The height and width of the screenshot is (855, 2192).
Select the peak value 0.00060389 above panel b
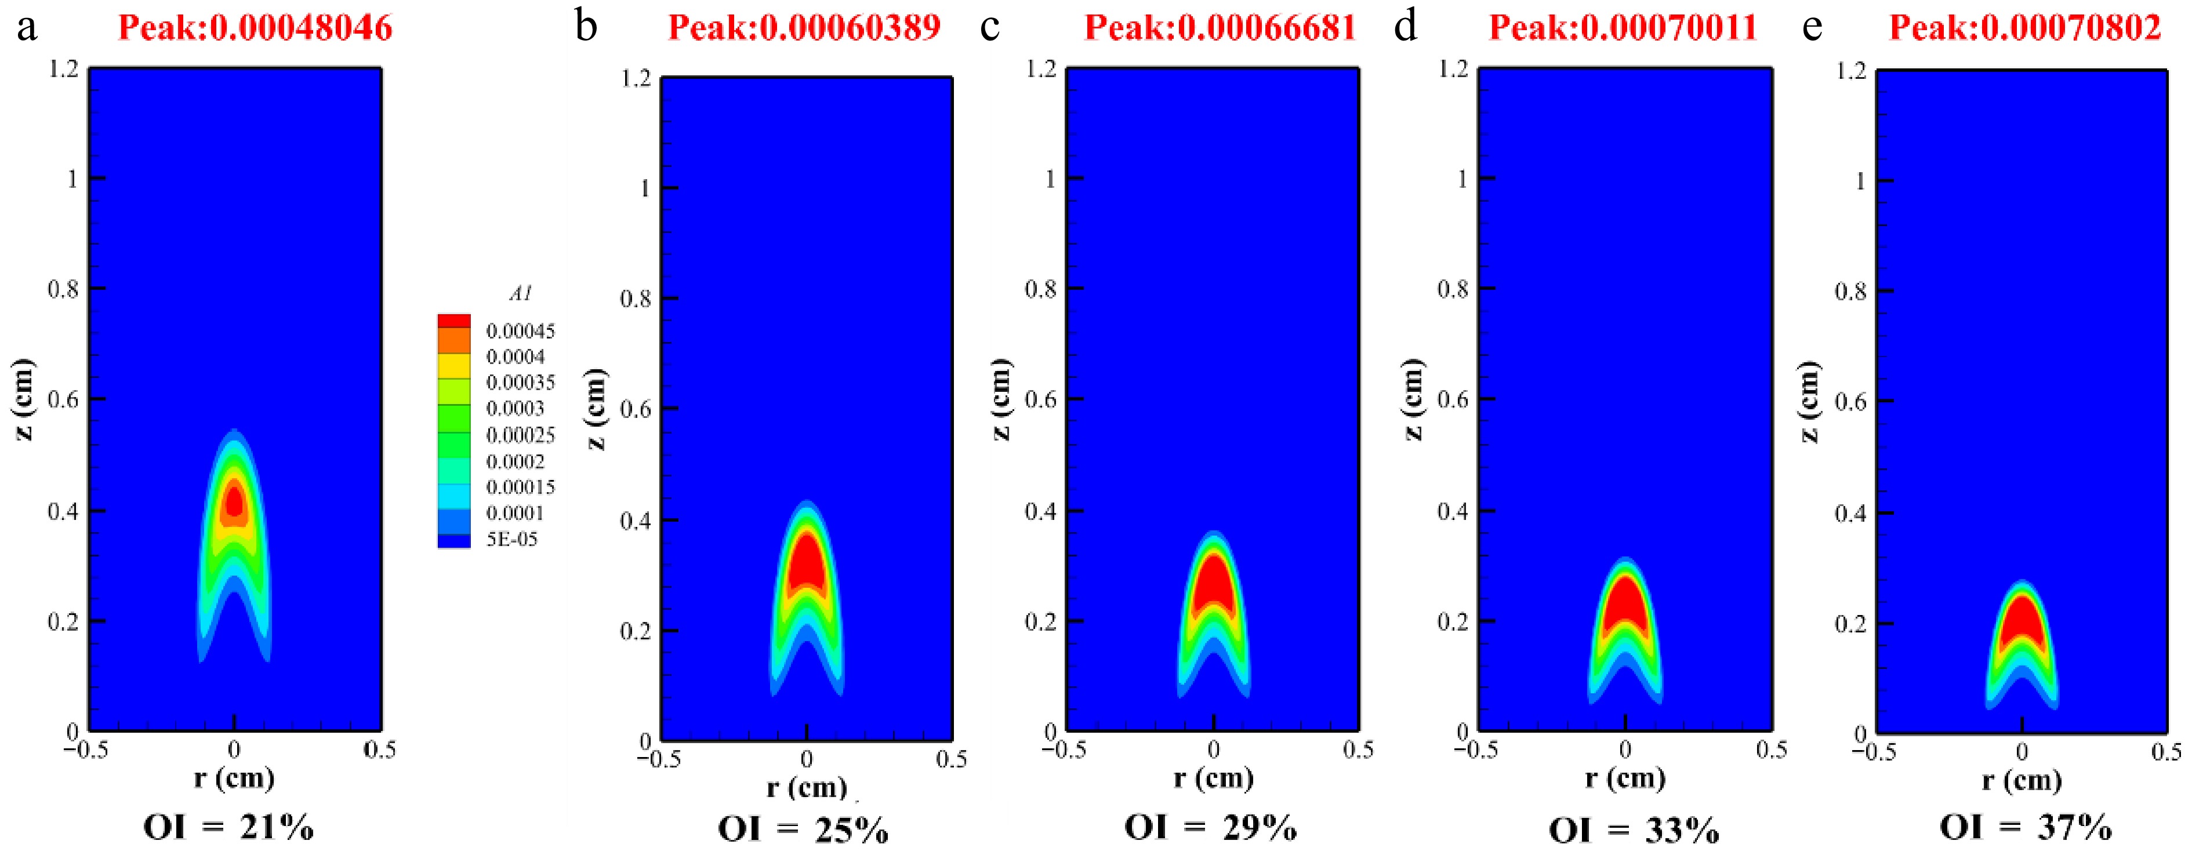click(x=849, y=28)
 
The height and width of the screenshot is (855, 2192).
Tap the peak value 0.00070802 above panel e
click(x=2070, y=28)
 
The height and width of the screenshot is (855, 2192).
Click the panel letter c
click(x=989, y=27)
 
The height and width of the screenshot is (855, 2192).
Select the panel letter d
click(x=1406, y=27)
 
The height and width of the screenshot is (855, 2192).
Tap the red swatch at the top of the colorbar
click(x=453, y=321)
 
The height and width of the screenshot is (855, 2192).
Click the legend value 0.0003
click(x=515, y=408)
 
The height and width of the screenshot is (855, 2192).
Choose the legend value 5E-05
click(x=511, y=539)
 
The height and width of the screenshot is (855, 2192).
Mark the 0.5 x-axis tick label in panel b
click(x=950, y=759)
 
